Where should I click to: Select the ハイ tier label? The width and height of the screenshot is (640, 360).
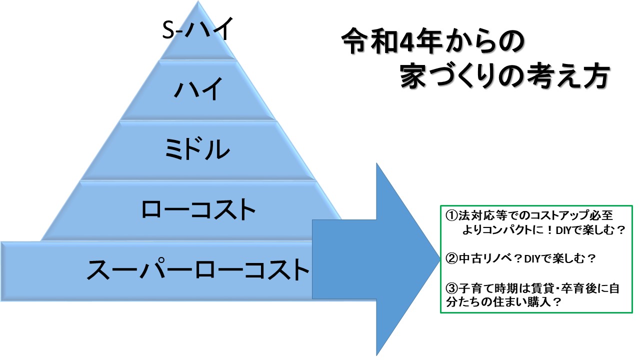click(198, 90)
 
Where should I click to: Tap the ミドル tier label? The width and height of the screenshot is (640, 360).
click(198, 149)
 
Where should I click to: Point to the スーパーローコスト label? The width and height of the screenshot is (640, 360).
click(198, 269)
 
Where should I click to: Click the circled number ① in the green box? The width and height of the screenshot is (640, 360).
click(451, 216)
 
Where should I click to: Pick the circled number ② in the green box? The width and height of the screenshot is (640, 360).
click(451, 259)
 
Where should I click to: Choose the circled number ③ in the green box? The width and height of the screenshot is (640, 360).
click(451, 289)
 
